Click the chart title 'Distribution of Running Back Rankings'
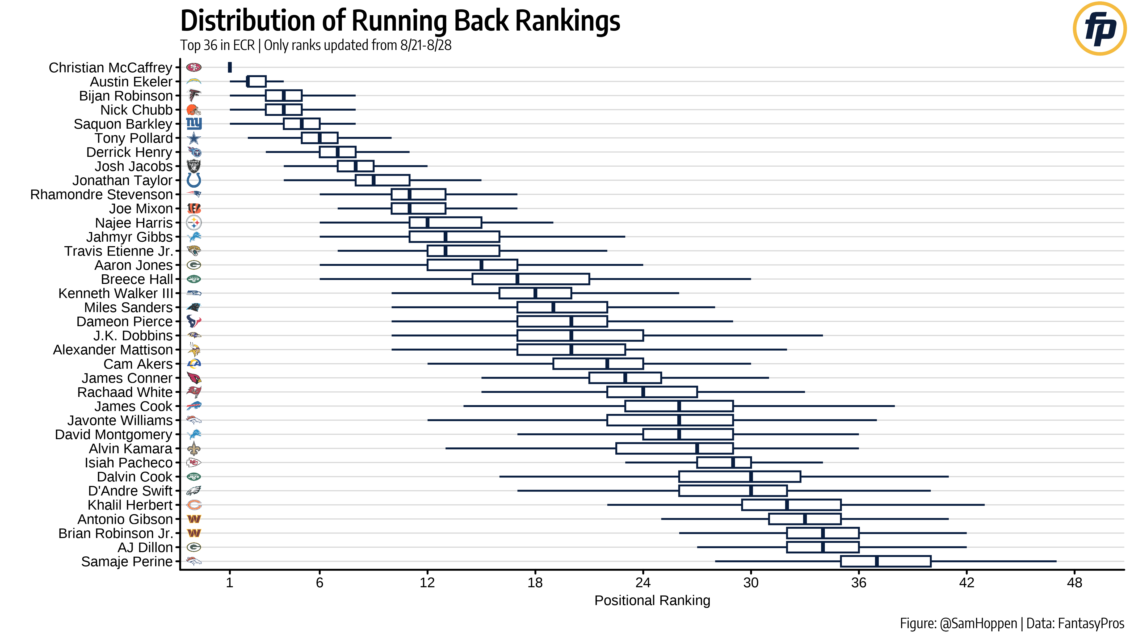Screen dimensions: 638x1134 (400, 21)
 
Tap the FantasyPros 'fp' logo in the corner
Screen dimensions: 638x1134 (1099, 29)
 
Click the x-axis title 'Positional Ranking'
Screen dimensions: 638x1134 (652, 600)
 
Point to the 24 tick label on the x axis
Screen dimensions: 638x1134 (643, 583)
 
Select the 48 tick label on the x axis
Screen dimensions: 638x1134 (1074, 583)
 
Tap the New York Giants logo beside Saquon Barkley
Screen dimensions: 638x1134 (194, 124)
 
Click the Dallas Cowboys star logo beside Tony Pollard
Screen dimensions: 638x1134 (194, 138)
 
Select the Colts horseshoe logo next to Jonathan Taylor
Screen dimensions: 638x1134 (194, 180)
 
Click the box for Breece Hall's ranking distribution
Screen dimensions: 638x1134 (531, 279)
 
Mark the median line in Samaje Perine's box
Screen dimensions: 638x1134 (876, 561)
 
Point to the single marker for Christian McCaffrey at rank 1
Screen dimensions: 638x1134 (230, 67)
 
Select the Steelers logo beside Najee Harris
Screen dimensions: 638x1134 (194, 223)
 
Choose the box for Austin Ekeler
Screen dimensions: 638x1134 (256, 81)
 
